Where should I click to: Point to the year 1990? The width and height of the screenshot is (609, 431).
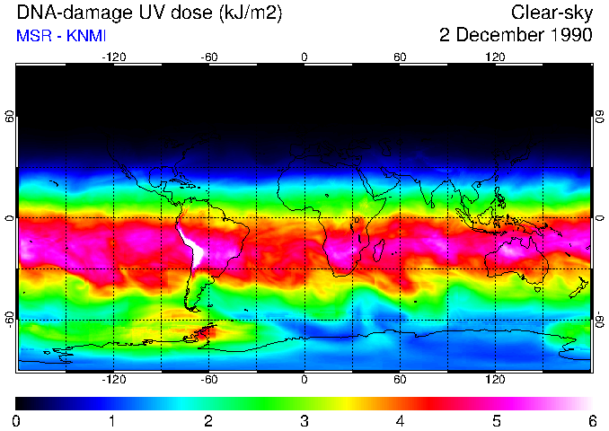coord(570,36)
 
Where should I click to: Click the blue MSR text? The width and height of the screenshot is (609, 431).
coord(33,36)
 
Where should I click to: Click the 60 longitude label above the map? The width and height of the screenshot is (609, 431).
coord(400,57)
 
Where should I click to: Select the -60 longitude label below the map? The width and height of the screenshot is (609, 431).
coord(208,379)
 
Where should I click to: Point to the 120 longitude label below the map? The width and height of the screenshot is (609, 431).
coord(495,379)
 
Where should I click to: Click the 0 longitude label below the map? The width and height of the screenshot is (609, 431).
coord(304,379)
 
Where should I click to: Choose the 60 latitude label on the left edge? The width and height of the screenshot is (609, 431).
coord(9,119)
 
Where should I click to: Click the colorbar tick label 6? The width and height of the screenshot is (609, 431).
coord(591,420)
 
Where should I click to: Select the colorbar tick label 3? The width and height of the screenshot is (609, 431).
coord(304,420)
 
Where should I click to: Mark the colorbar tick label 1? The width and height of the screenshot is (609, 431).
coord(112,420)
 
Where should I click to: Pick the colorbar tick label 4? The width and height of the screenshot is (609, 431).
coord(400,420)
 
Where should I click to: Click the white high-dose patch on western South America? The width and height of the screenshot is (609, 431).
coord(193,246)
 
